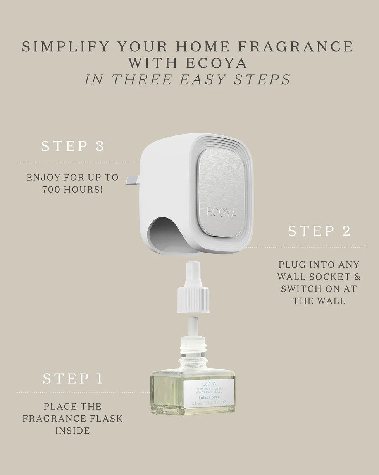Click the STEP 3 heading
point(73,147)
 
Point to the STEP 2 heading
point(319,231)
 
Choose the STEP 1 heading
point(73,379)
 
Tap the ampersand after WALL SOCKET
point(356,277)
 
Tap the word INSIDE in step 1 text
point(72,430)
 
